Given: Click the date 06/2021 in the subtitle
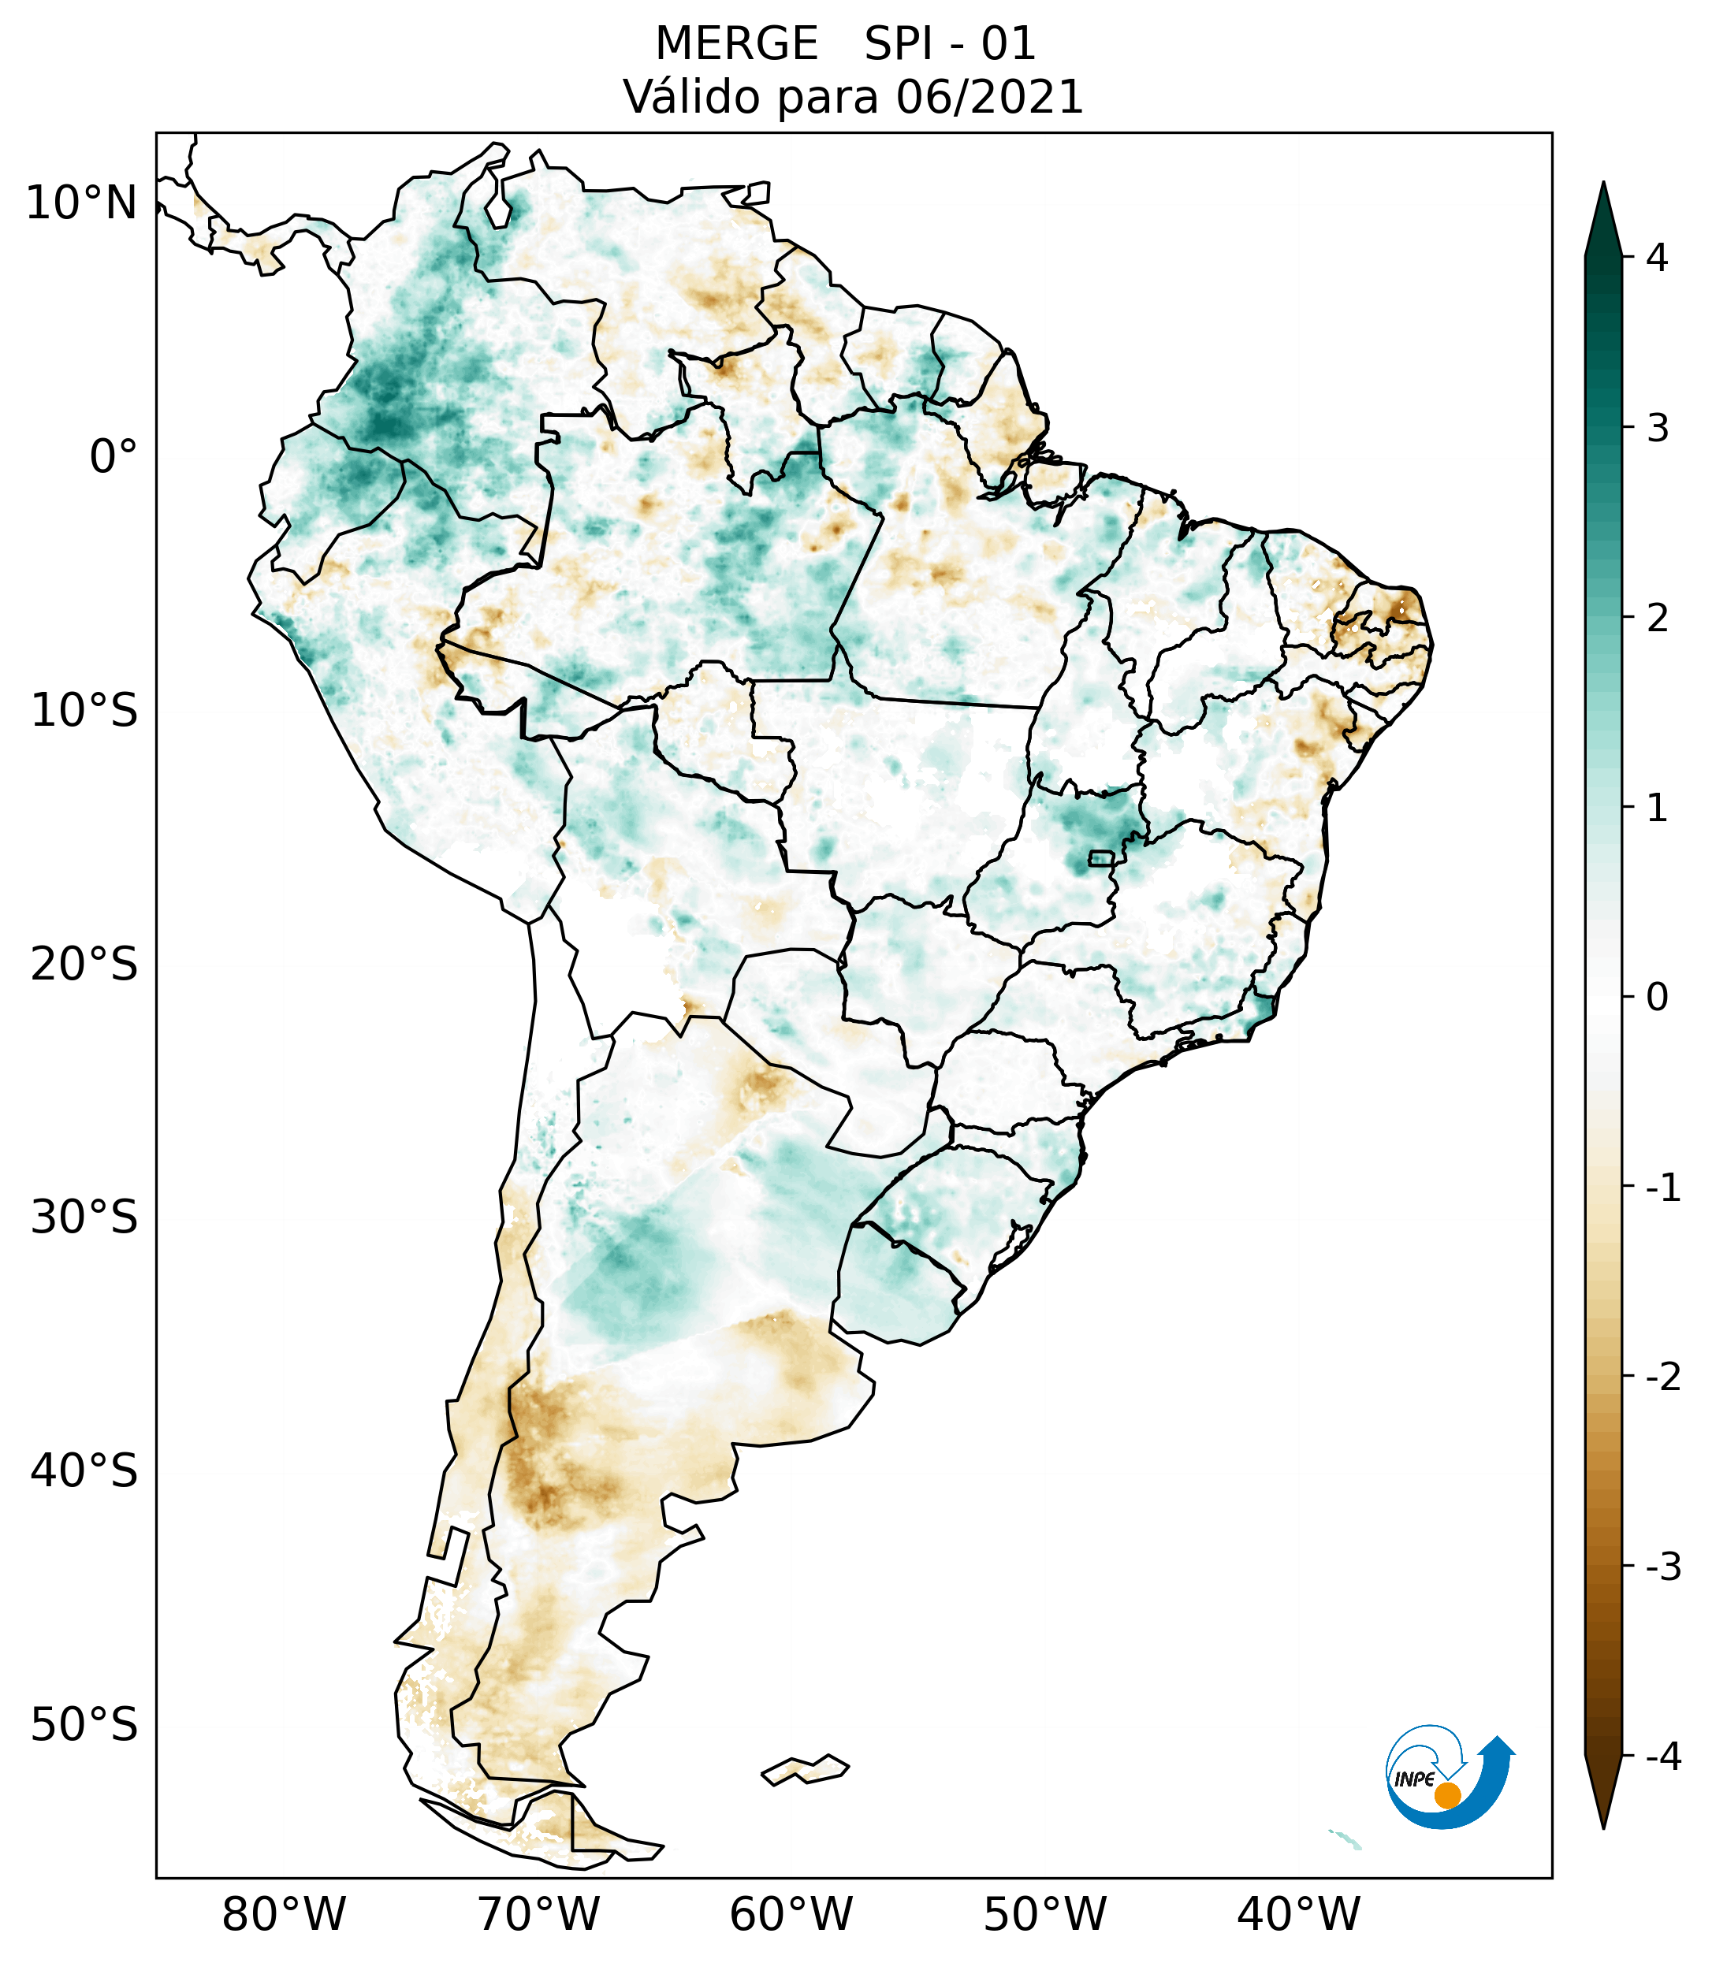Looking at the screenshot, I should (989, 98).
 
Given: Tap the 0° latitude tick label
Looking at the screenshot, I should (114, 457).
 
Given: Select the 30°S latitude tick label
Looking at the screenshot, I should (84, 1218).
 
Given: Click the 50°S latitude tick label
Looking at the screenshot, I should (84, 1726).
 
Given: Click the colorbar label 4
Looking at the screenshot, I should (1657, 258).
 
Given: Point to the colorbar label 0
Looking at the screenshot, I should (1657, 998).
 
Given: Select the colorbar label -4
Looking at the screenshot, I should (1662, 1757).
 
